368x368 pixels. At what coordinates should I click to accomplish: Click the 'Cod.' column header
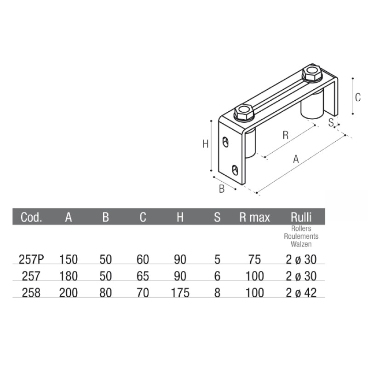coord(31,217)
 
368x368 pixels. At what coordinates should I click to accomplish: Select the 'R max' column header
coord(254,217)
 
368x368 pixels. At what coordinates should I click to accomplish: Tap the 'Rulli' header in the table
coord(301,217)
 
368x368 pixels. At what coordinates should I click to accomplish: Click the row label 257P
coord(32,260)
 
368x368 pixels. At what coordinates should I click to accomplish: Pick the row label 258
coord(31,293)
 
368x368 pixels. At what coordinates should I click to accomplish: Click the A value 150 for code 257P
coord(69,260)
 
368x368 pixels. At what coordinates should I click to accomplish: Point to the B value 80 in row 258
coord(106,293)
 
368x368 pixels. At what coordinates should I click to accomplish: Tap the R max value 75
coord(254,260)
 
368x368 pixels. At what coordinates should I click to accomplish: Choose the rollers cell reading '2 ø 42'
coord(301,293)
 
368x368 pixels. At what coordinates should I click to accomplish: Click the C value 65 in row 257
coord(143,276)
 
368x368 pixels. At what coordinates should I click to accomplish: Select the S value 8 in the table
coord(218,293)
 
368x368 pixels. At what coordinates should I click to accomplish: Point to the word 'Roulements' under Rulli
coord(301,236)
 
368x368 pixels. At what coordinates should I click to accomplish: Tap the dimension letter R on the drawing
coord(285,135)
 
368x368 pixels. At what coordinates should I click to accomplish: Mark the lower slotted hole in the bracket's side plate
coord(235,170)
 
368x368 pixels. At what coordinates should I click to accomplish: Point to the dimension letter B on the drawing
coord(221,189)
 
